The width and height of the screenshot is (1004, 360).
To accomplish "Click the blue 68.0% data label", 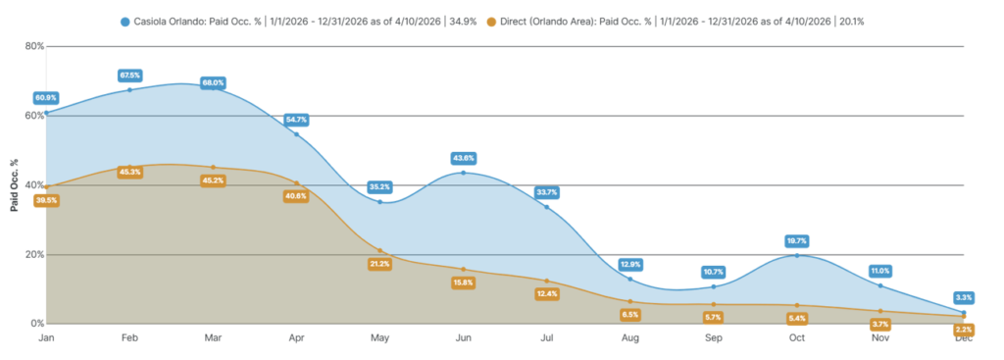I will click(x=213, y=82).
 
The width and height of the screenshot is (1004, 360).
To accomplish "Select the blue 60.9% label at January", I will click(x=46, y=98).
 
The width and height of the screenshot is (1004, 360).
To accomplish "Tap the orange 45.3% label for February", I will click(x=129, y=172).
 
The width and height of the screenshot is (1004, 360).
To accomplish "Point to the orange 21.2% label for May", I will click(x=379, y=263).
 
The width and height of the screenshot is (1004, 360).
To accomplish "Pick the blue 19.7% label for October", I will click(x=797, y=240).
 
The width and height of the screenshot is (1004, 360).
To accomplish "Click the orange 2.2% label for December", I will click(x=964, y=330).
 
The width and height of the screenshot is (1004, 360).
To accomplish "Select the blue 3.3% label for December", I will click(x=964, y=297).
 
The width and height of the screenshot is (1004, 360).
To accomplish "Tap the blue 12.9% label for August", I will click(x=630, y=264).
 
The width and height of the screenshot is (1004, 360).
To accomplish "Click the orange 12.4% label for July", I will click(x=547, y=294).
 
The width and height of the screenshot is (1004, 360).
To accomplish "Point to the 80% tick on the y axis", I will click(x=33, y=46).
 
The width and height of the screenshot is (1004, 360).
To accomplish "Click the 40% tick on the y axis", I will click(x=33, y=185).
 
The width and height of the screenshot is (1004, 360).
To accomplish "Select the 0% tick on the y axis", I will click(x=36, y=324).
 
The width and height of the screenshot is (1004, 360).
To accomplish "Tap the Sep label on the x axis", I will click(x=714, y=337).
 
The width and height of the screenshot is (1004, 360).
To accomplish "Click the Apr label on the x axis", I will click(x=296, y=337).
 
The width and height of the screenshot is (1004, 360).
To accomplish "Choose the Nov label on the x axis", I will click(x=880, y=337).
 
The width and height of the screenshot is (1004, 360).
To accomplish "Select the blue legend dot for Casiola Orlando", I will click(x=125, y=21).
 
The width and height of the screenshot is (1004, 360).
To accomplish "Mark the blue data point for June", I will click(x=463, y=173).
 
